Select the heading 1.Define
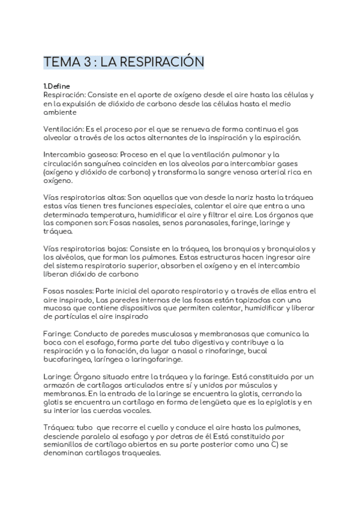[x=58, y=86]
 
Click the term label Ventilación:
[x=64, y=128]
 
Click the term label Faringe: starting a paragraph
[x=58, y=333]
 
